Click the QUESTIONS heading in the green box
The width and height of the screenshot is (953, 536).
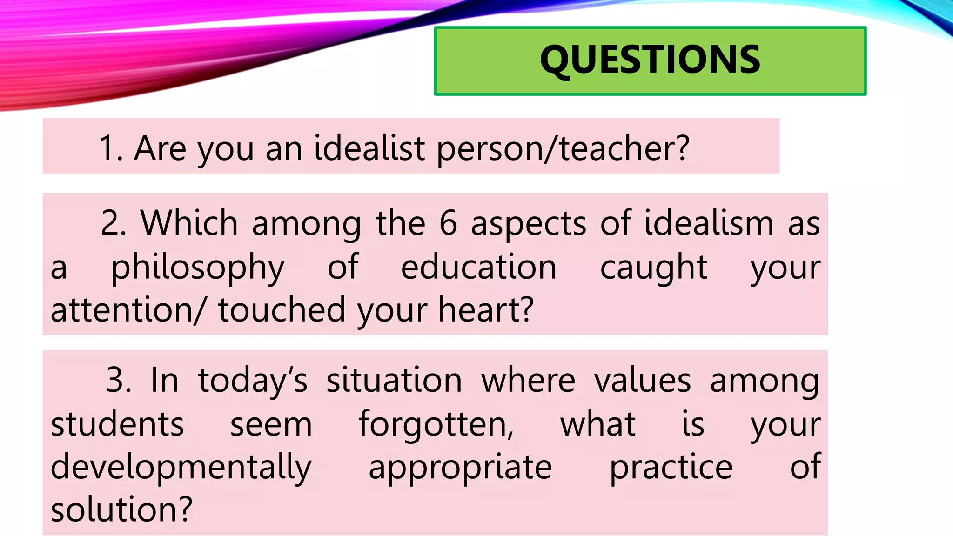point(650,60)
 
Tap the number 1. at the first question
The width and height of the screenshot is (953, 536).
point(111,148)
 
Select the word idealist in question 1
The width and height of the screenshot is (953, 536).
point(369,148)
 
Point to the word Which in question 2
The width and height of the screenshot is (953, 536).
point(189,223)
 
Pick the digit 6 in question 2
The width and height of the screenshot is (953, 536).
point(448,223)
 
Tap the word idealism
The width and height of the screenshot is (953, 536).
point(709,223)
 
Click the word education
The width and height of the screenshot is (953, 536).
point(479,267)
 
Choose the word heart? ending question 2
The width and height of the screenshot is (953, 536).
point(486,310)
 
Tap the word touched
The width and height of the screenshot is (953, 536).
point(282,310)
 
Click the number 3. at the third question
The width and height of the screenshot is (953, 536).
point(119,380)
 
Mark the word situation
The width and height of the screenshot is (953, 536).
point(394,380)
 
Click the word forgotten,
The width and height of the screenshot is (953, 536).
point(436,424)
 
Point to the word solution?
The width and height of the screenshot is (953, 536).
point(121,509)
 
